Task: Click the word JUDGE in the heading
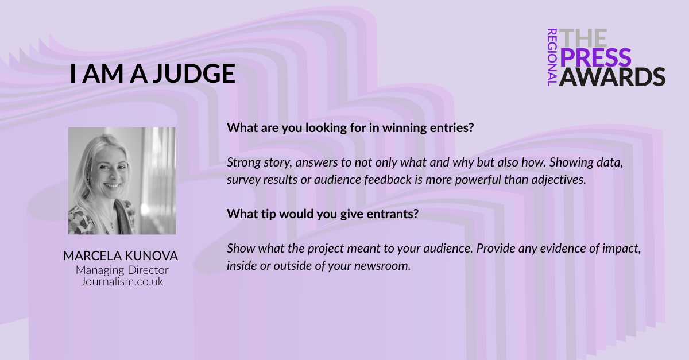tap(194, 74)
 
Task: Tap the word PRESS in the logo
tap(595, 57)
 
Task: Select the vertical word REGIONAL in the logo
tap(552, 57)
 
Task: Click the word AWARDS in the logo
tap(612, 76)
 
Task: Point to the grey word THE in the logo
tap(583, 38)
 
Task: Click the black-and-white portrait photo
tap(122, 181)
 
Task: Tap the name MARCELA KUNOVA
tap(121, 256)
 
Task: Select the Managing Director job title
tap(122, 270)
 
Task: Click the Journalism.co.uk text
tap(122, 281)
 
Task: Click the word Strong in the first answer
tap(243, 162)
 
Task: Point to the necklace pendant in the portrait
tap(113, 228)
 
